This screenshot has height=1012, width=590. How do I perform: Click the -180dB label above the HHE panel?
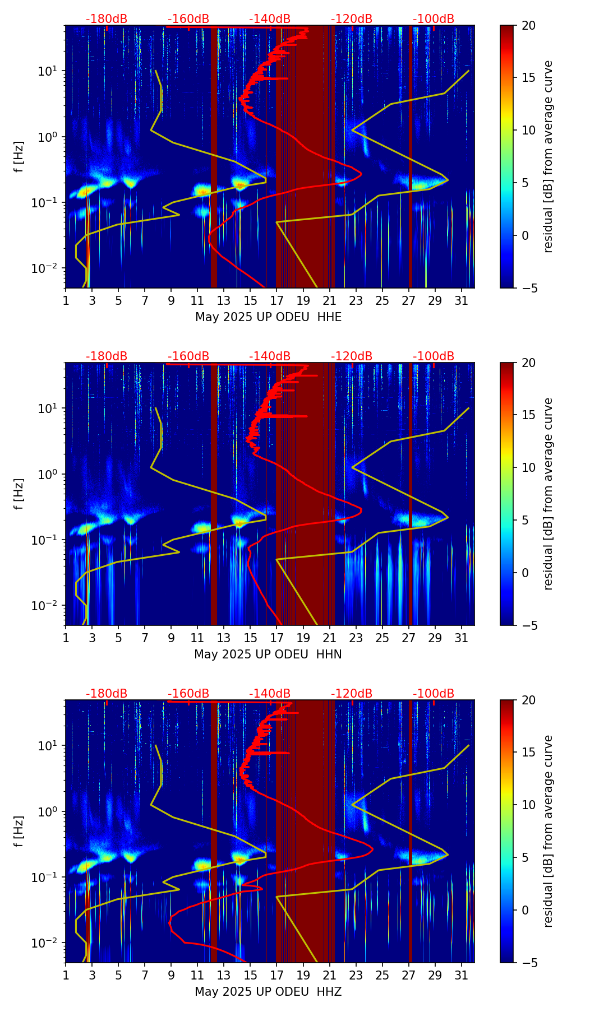point(107,19)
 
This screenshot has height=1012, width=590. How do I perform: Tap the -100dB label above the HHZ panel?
point(434,694)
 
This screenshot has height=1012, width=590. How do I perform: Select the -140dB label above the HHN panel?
point(270,356)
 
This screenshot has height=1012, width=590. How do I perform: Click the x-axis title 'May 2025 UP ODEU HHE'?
point(268,317)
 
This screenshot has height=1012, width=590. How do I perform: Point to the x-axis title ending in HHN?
point(268,654)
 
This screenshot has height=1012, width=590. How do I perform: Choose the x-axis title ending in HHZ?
point(268,992)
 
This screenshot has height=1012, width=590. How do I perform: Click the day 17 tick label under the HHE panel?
point(277,300)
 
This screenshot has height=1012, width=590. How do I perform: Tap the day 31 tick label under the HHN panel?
point(462,638)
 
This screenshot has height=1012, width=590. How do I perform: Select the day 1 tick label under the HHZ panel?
point(66,975)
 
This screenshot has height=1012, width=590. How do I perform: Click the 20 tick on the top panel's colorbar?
point(528,26)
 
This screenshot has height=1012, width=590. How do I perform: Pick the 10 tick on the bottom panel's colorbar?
point(528,805)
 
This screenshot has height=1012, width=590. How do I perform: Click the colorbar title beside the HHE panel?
point(548,156)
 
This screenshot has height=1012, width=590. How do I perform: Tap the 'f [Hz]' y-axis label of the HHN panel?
point(19,494)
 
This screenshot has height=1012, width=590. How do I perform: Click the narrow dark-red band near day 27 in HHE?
point(411,157)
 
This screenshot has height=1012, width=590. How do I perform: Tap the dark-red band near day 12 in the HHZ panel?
point(214,829)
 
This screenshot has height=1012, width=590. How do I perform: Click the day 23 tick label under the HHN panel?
point(356,638)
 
